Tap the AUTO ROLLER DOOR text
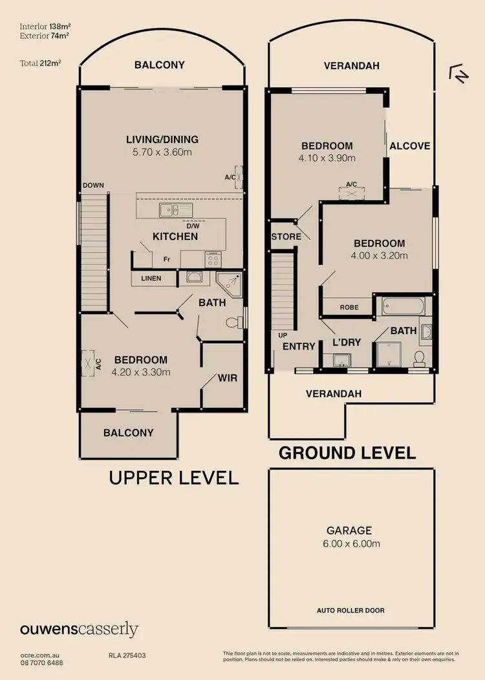pos(351,611)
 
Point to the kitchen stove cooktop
pos(213,260)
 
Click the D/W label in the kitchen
pos(192,226)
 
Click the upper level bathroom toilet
pos(233,323)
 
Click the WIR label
pos(226,378)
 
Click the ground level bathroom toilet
pos(420,357)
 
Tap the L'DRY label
pos(347,342)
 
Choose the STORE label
pos(286,236)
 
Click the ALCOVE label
pos(409,146)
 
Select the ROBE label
pos(349,308)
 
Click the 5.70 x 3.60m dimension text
pos(162,152)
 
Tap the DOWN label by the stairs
pos(93,186)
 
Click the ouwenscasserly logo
pos(79,629)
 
